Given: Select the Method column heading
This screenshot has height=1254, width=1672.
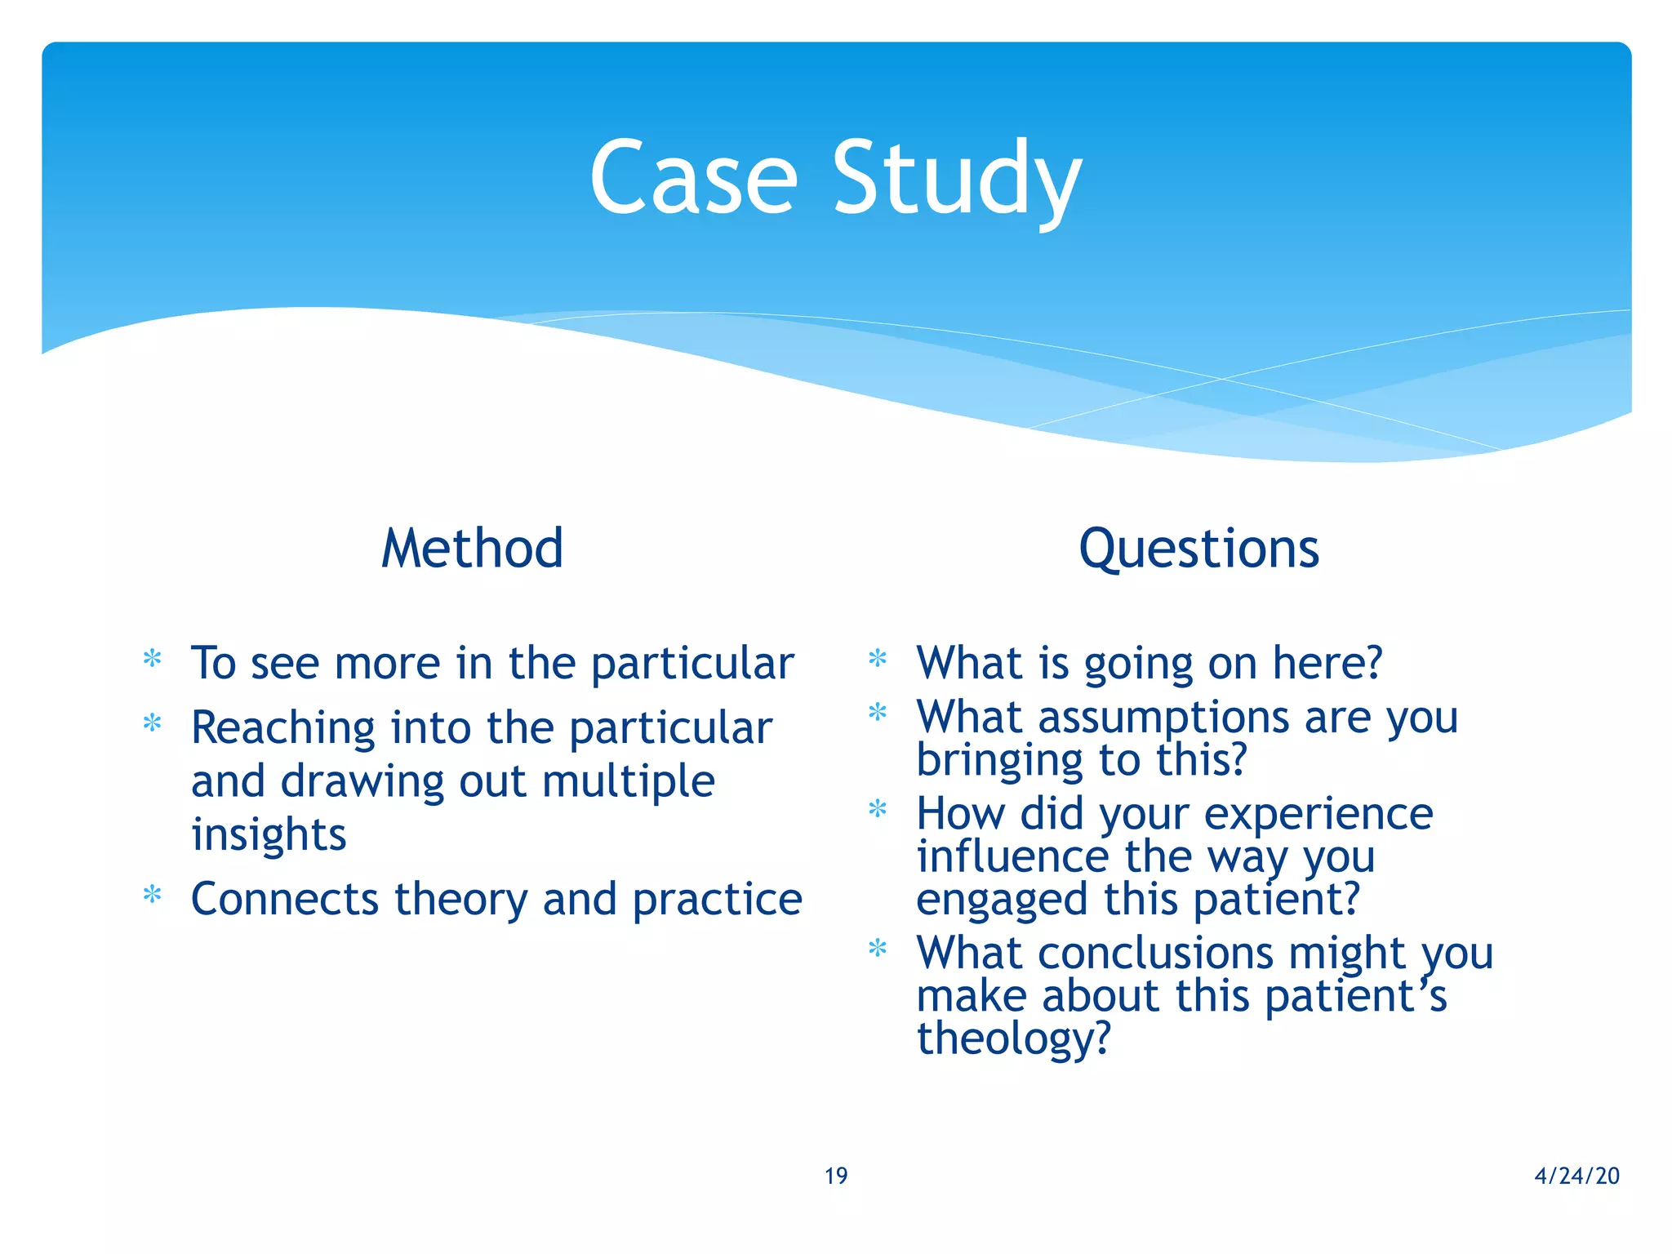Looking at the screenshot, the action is [x=472, y=548].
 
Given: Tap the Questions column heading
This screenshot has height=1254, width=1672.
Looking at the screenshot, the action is [x=1198, y=549].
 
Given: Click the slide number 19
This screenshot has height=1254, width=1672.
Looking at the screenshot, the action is [x=836, y=1176].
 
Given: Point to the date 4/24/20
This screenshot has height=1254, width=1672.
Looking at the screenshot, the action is [x=1576, y=1176].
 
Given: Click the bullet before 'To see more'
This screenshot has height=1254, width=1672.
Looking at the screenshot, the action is [x=152, y=658].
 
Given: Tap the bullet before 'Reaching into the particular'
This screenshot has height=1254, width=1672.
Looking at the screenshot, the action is [x=152, y=723].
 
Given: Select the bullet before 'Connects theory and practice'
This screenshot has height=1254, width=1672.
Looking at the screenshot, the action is [x=152, y=894].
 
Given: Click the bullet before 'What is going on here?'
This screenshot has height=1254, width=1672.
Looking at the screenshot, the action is [x=878, y=657].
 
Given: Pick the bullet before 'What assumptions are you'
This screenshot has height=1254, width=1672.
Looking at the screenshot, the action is [x=878, y=712].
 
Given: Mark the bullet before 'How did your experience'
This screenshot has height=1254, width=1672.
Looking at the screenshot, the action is [x=878, y=808].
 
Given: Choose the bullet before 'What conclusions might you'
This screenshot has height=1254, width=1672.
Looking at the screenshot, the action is [x=878, y=948].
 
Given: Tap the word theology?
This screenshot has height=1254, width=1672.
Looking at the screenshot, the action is [x=1014, y=1038].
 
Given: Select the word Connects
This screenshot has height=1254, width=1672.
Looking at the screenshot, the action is [x=284, y=899].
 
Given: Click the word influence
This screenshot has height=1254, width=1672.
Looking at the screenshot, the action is [x=1012, y=856].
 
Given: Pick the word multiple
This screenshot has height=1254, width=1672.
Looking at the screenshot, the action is [x=628, y=782].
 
